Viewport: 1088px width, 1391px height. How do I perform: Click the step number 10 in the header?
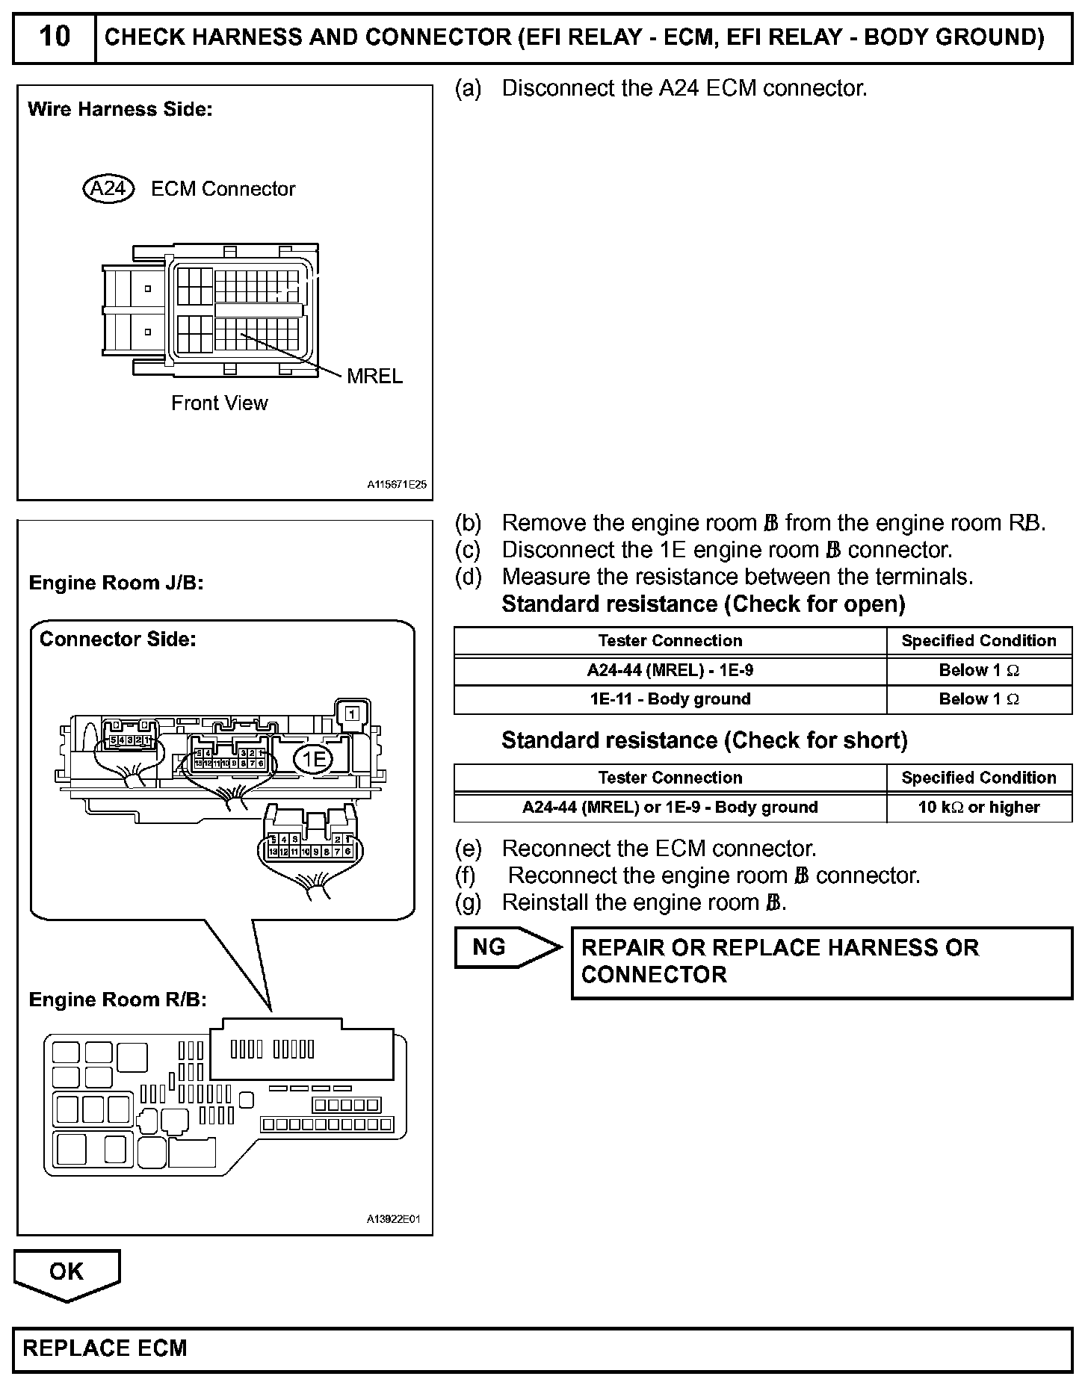pos(54,36)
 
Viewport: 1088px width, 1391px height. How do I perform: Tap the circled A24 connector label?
pos(108,188)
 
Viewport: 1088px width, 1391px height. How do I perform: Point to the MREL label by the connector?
pos(374,376)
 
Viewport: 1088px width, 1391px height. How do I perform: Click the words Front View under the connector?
pos(219,403)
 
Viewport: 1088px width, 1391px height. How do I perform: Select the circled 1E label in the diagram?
pos(314,760)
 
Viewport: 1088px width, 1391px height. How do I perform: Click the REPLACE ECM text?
pos(105,1348)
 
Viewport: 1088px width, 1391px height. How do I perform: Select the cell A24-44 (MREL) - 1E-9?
pos(670,670)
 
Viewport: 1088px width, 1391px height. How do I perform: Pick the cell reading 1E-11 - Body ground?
pos(670,699)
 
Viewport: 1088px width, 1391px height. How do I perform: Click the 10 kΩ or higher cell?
pos(979,807)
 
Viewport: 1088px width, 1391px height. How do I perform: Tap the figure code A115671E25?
pos(396,484)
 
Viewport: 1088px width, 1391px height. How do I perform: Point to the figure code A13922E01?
pos(393,1219)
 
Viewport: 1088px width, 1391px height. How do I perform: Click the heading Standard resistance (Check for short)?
pos(704,740)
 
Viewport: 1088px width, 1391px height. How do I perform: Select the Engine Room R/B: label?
pos(117,1000)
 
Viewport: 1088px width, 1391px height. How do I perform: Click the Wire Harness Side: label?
pos(120,109)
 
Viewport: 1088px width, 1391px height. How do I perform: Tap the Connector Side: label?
pos(117,639)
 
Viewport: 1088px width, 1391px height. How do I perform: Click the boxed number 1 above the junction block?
pos(353,713)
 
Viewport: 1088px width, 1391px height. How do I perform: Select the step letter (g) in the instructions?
pos(468,902)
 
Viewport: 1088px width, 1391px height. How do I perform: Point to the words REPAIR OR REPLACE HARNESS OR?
pos(779,948)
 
